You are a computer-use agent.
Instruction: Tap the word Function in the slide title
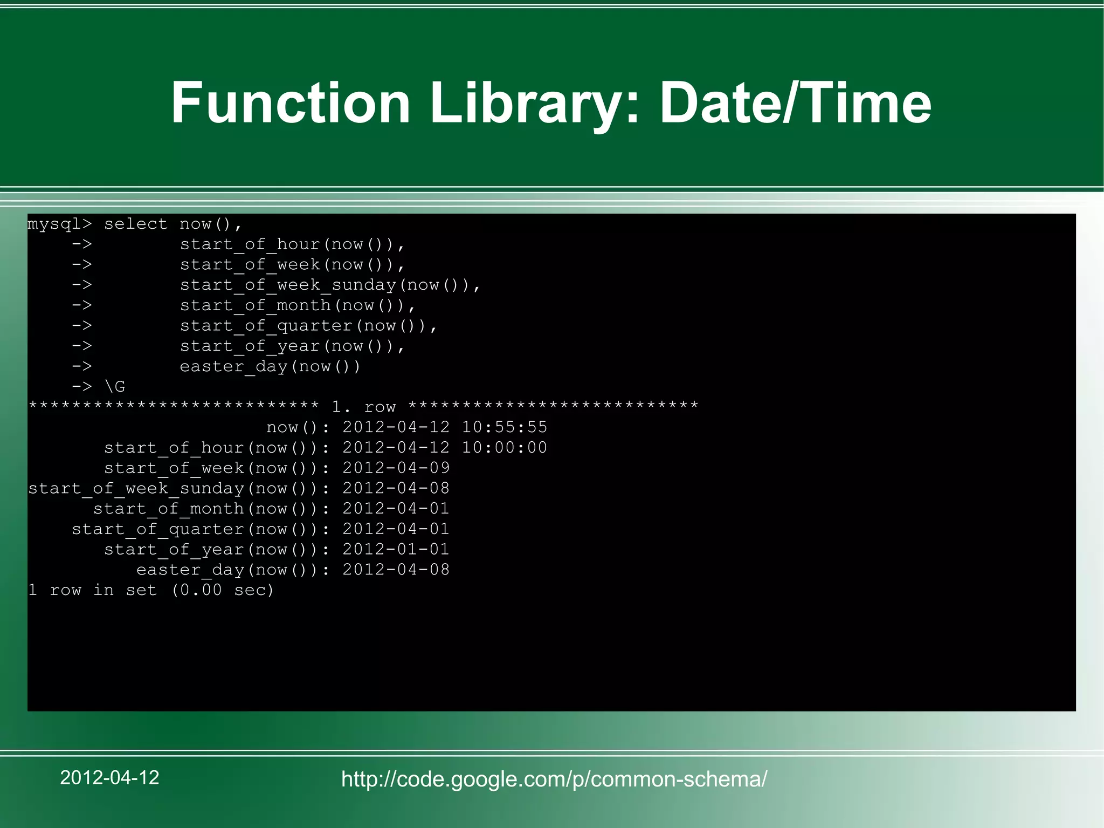click(x=291, y=102)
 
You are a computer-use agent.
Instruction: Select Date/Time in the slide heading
click(x=795, y=102)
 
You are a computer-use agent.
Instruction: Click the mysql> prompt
click(x=60, y=224)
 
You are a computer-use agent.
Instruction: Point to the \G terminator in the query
click(x=115, y=387)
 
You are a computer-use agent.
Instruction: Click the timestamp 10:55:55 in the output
click(x=505, y=427)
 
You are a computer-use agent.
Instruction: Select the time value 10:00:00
click(x=505, y=448)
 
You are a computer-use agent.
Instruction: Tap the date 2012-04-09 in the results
click(x=396, y=468)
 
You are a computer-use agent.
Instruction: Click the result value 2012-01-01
click(x=396, y=549)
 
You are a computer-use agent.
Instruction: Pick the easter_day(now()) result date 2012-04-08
click(x=396, y=570)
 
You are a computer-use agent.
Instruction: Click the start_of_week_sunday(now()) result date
click(x=396, y=488)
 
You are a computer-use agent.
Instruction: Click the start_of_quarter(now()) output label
click(x=199, y=529)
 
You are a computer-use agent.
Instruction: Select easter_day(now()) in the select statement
click(x=270, y=367)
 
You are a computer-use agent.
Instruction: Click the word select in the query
click(x=135, y=224)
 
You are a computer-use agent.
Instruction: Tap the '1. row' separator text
click(x=364, y=407)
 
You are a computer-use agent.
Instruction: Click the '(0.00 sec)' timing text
click(x=223, y=590)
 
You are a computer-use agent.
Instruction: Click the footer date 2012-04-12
click(x=109, y=777)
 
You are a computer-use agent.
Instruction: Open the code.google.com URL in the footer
click(x=554, y=779)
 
